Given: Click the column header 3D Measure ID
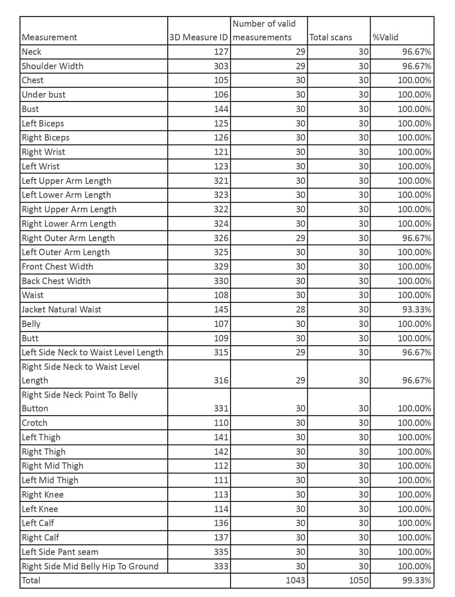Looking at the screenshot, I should click(x=198, y=37).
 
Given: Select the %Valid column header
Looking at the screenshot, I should click(x=385, y=37).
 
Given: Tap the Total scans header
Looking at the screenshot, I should click(x=331, y=37).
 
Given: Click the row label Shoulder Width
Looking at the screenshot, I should click(x=53, y=66).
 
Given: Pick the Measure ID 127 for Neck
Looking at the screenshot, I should click(x=221, y=52).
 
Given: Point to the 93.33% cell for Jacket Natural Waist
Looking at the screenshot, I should click(x=416, y=310).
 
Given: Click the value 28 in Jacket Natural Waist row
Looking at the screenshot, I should click(x=300, y=310).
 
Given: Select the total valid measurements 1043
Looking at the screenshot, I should click(x=295, y=580).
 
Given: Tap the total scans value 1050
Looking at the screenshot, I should click(x=358, y=580).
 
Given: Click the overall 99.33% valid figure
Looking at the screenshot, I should click(x=416, y=580).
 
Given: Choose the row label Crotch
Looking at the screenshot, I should click(x=35, y=423).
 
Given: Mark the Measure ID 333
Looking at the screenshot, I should click(x=221, y=566).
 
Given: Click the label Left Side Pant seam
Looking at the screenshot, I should click(x=60, y=552).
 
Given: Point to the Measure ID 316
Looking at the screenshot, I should click(x=221, y=380).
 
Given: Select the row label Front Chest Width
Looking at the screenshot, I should click(x=57, y=267).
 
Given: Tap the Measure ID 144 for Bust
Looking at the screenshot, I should click(x=221, y=109).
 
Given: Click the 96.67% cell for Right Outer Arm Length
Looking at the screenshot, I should click(x=416, y=238).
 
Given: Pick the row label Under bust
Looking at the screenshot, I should click(x=44, y=95).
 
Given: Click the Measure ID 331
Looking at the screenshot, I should click(x=221, y=408).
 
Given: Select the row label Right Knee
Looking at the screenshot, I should click(x=43, y=495).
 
